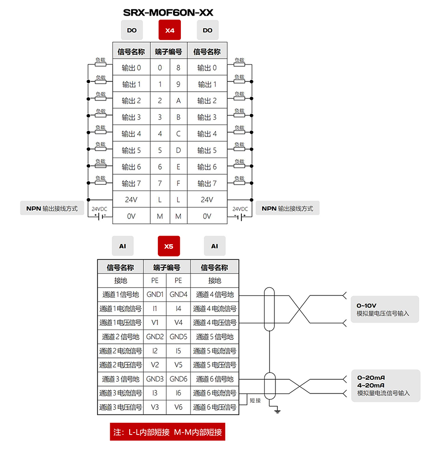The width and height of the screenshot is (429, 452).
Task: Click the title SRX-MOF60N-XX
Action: [x=168, y=13]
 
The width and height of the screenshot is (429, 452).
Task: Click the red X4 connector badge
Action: [x=170, y=30]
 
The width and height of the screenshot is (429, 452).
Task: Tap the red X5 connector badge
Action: [x=169, y=246]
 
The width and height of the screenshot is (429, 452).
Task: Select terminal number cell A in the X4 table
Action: [x=178, y=100]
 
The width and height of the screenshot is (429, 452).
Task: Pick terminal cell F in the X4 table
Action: [x=178, y=183]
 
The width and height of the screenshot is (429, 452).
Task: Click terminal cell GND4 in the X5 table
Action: [x=178, y=295]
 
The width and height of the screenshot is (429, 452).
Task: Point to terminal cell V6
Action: [x=178, y=407]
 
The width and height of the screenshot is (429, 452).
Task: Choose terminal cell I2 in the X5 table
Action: [x=155, y=351]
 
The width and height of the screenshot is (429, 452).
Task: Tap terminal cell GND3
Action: [x=155, y=379]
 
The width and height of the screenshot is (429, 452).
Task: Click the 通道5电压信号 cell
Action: [x=214, y=365]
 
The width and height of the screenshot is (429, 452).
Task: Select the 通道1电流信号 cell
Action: [x=120, y=309]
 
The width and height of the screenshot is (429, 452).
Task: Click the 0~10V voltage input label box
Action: [x=385, y=309]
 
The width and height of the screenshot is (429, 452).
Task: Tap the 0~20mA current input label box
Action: [x=386, y=385]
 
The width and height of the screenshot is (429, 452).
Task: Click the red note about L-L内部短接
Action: [x=167, y=432]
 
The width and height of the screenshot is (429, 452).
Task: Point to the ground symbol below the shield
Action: [x=277, y=411]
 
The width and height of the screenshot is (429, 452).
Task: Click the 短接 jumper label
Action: [x=255, y=400]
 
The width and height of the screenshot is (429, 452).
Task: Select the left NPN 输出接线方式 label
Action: [x=52, y=208]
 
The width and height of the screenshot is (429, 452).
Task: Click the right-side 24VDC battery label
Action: [x=240, y=209]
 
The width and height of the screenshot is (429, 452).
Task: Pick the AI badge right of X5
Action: [x=214, y=246]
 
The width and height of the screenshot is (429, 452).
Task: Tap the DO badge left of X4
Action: [x=132, y=30]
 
